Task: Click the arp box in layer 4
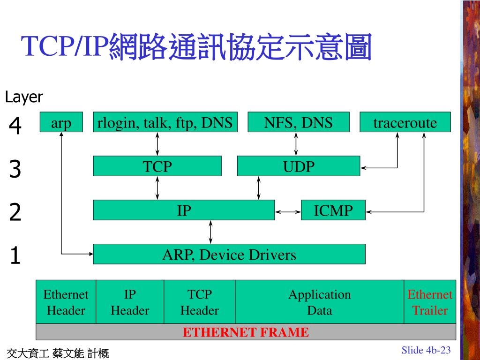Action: pyautogui.click(x=61, y=122)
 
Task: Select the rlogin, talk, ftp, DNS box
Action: pyautogui.click(x=165, y=122)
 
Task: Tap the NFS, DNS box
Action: pyautogui.click(x=298, y=122)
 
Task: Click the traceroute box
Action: pyautogui.click(x=405, y=122)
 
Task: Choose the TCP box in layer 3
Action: pyautogui.click(x=157, y=166)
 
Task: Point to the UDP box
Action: pyautogui.click(x=298, y=166)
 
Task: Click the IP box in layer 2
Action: pyautogui.click(x=184, y=210)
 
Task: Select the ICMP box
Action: pyautogui.click(x=333, y=210)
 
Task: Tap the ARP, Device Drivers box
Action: pyautogui.click(x=229, y=254)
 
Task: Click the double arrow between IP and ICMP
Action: pyautogui.click(x=288, y=212)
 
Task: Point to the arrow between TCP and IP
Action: pyautogui.click(x=157, y=188)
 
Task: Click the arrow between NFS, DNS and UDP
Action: pyautogui.click(x=296, y=144)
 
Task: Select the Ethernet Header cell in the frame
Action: pyautogui.click(x=66, y=302)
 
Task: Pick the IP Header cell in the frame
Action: pyautogui.click(x=130, y=302)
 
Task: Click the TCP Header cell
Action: pyautogui.click(x=200, y=302)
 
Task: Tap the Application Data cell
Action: pyautogui.click(x=319, y=302)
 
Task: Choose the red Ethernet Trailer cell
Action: pyautogui.click(x=430, y=302)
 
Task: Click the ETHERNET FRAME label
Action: pyautogui.click(x=246, y=332)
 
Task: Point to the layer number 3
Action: pyautogui.click(x=15, y=169)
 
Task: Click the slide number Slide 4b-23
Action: pyautogui.click(x=426, y=350)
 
